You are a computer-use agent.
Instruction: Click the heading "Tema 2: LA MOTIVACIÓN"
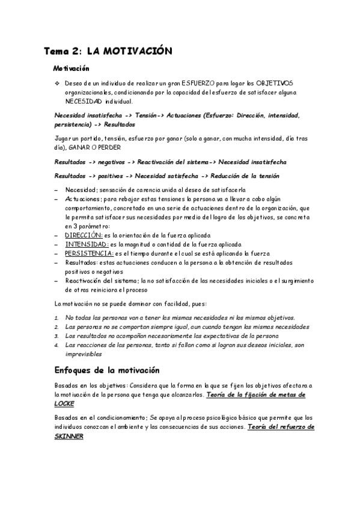point(108,52)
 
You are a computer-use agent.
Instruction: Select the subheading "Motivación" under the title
point(71,70)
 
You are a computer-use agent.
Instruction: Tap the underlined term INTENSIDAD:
point(87,244)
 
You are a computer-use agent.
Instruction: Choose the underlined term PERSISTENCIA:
point(90,254)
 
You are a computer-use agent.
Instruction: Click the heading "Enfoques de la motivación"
point(107,369)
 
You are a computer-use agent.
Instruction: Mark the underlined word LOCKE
point(64,404)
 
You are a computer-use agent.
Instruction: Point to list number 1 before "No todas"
point(56,317)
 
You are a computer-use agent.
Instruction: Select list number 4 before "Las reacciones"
point(56,345)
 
